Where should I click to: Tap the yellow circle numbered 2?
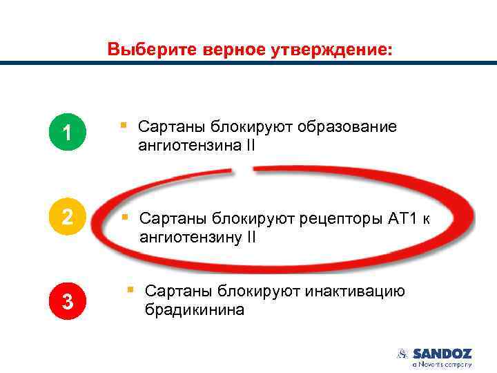coord(66,217)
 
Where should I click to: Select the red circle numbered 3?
coord(66,301)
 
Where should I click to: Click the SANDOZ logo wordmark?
coord(442,354)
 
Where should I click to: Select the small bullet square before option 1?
coord(123,126)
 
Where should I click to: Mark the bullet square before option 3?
coord(130,290)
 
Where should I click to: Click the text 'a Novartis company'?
coord(442,364)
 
